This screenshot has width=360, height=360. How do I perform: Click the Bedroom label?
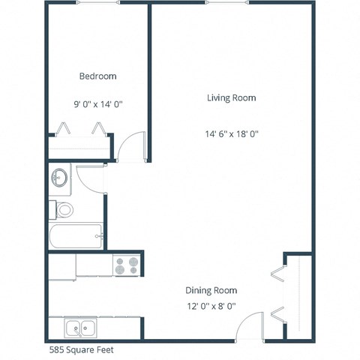97,76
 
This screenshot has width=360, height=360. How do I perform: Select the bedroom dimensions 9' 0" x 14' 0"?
97,106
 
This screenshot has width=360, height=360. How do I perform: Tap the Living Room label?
232,97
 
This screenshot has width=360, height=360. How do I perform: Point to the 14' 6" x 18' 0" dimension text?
232,134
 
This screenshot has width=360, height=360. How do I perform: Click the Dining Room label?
211,290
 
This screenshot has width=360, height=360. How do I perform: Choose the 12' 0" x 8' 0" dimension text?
211,306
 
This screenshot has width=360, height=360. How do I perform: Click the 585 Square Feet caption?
82,349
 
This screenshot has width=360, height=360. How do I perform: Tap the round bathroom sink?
59,178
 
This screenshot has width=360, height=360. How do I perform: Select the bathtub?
76,236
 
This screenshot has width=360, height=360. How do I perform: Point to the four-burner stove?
127,265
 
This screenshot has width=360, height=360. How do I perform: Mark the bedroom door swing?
133,146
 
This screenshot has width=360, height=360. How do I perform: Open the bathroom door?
93,177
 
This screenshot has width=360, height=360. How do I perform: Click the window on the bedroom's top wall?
97,4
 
